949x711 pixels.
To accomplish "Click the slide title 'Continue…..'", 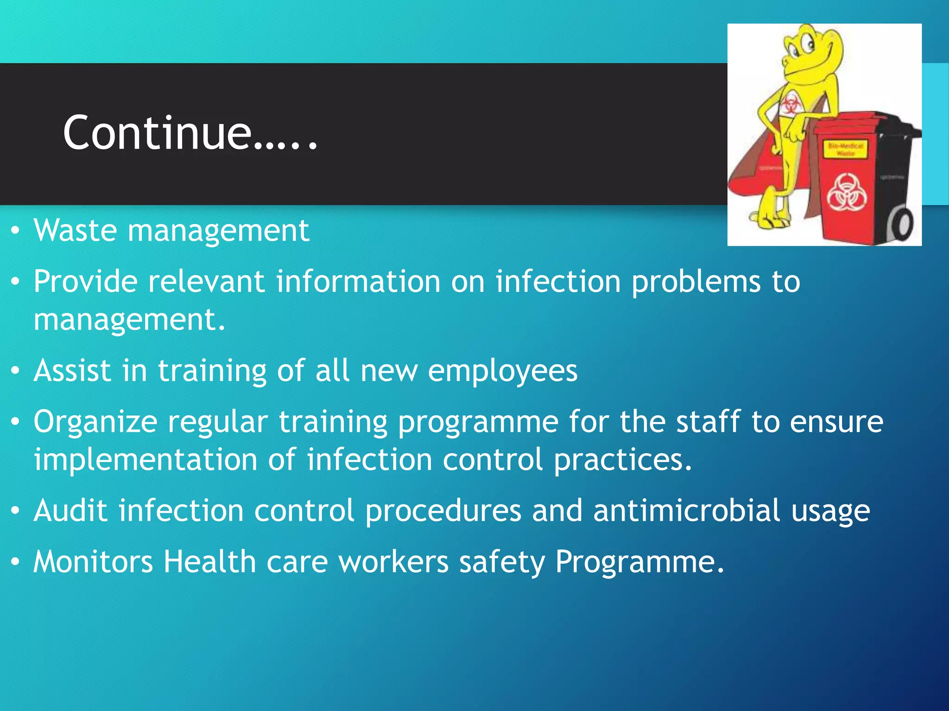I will coord(190,133).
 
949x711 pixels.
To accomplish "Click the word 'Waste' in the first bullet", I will coord(75,230).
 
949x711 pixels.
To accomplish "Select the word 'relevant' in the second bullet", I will coord(206,281).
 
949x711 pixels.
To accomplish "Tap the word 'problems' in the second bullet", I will coord(696,281).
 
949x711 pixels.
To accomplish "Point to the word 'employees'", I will coord(502,371).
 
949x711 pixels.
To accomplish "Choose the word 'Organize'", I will coord(95,422).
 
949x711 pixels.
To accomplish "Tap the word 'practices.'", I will coord(623,460).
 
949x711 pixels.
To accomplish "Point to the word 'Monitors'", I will coord(93,561).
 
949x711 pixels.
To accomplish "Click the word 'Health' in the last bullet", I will coord(209,561).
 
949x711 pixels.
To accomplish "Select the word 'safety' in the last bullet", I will coord(502,562).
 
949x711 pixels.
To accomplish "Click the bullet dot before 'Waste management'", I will coord(15,230).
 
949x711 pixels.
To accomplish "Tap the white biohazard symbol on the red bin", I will coord(846,192).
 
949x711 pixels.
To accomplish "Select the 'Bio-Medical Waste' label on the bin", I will coord(845,149).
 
